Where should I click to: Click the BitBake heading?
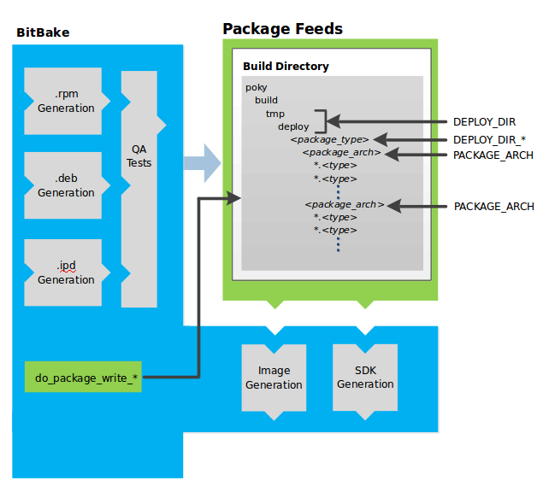click(43, 33)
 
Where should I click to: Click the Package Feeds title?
click(282, 29)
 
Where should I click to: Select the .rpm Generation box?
click(65, 101)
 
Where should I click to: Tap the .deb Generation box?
click(65, 185)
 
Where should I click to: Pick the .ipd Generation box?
click(65, 272)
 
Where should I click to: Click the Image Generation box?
click(274, 378)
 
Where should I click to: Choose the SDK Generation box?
click(365, 378)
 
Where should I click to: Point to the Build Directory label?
click(286, 67)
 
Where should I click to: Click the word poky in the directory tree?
click(256, 87)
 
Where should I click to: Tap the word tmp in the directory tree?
click(274, 114)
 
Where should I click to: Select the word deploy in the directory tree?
click(293, 126)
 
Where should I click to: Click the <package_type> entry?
click(329, 139)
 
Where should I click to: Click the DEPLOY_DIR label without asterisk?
click(484, 122)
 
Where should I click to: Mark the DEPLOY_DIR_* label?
click(488, 139)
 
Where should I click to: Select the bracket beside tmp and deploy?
click(322, 120)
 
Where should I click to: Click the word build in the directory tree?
click(266, 100)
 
